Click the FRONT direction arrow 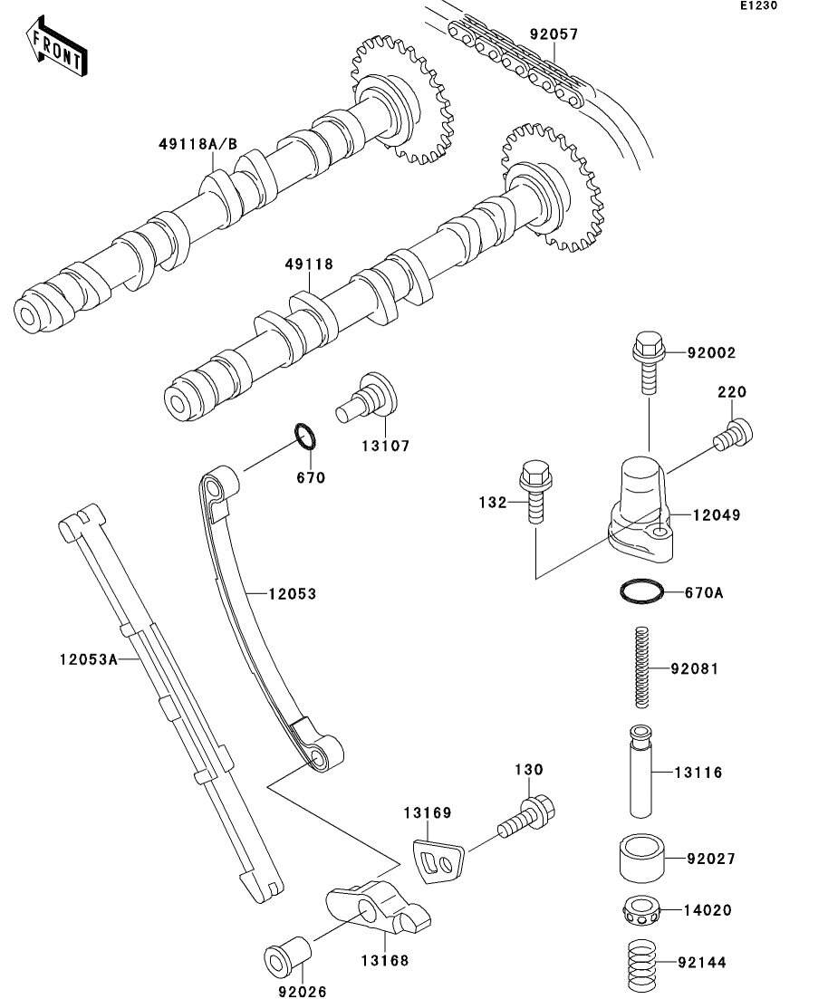pos(56,46)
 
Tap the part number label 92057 pos(554,34)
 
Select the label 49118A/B pos(198,144)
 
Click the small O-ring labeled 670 pos(306,437)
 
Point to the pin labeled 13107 pos(367,399)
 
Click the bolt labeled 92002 pos(649,362)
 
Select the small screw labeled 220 pos(733,435)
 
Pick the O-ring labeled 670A pos(642,591)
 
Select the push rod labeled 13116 pos(641,771)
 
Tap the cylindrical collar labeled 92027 pos(642,859)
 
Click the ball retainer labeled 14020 pos(642,910)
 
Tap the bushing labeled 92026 pos(287,954)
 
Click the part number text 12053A pos(89,658)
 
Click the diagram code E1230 pos(758,5)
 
